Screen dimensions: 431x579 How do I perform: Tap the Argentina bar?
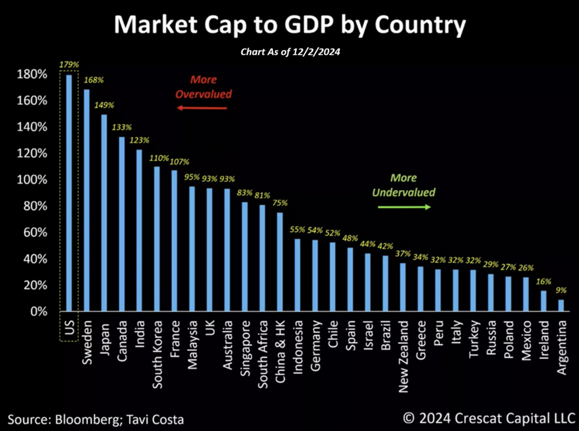(x=561, y=306)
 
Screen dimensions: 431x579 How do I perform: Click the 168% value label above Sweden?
(x=94, y=80)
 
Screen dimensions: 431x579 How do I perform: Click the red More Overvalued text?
(x=204, y=87)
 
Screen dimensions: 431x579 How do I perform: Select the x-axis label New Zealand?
(x=403, y=349)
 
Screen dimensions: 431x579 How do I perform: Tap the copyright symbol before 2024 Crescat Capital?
(x=409, y=419)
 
